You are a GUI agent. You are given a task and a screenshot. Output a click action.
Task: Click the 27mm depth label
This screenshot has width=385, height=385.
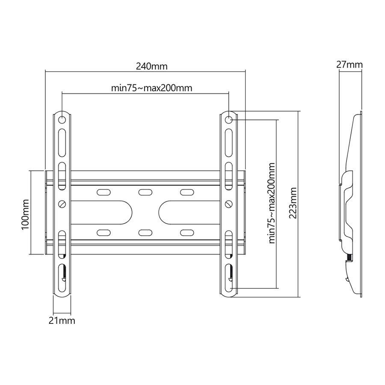(349, 65)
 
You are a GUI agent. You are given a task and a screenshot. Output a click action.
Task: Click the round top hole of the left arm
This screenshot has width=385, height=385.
(62, 120)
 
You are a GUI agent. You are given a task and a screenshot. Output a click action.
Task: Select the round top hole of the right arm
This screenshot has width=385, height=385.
(229, 120)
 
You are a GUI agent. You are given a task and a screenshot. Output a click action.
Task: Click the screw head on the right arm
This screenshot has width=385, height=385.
(229, 204)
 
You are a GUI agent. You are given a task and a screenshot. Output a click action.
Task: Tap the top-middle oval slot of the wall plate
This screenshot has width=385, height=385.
(145, 192)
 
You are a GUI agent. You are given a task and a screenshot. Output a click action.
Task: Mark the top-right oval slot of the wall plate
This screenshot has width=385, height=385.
(187, 192)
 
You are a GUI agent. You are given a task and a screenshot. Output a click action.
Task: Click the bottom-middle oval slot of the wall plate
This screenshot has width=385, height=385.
(145, 232)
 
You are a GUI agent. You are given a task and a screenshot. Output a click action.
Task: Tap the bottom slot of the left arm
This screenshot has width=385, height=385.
(62, 278)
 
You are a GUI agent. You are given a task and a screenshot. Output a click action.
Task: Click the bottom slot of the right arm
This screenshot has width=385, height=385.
(229, 278)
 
